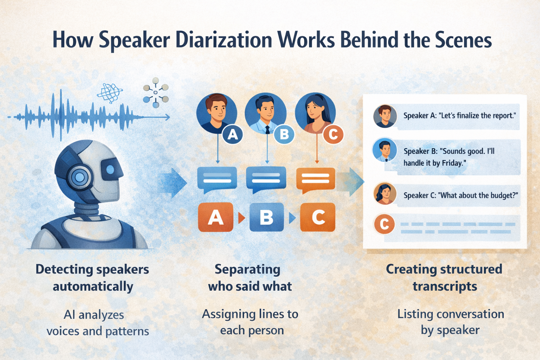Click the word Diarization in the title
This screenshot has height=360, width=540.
pyautogui.click(x=224, y=40)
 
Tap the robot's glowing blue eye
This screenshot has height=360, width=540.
pyautogui.click(x=110, y=169)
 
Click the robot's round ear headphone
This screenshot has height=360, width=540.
pyautogui.click(x=80, y=177)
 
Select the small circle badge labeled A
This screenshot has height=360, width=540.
pyautogui.click(x=233, y=134)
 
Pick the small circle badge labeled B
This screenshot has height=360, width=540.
pyautogui.click(x=284, y=134)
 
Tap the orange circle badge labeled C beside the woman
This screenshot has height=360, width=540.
pyautogui.click(x=333, y=134)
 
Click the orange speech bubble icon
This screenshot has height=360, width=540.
pyautogui.click(x=315, y=179)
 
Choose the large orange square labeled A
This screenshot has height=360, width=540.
pyautogui.click(x=216, y=217)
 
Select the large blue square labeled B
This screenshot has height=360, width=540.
pyautogui.click(x=266, y=217)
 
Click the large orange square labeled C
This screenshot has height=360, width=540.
pyautogui.click(x=318, y=217)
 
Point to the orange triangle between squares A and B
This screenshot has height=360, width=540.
pyautogui.click(x=242, y=218)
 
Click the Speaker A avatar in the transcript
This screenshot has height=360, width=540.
pyautogui.click(x=385, y=116)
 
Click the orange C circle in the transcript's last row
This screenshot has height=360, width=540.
pyautogui.click(x=384, y=224)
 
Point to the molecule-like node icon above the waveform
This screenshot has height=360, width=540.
pyautogui.click(x=156, y=92)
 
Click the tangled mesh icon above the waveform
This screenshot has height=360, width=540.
pyautogui.click(x=110, y=92)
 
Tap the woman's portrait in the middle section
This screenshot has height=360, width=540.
pyautogui.click(x=315, y=112)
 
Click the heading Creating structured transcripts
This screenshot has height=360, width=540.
pyautogui.click(x=444, y=278)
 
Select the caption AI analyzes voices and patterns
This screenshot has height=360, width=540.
pyautogui.click(x=97, y=323)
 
